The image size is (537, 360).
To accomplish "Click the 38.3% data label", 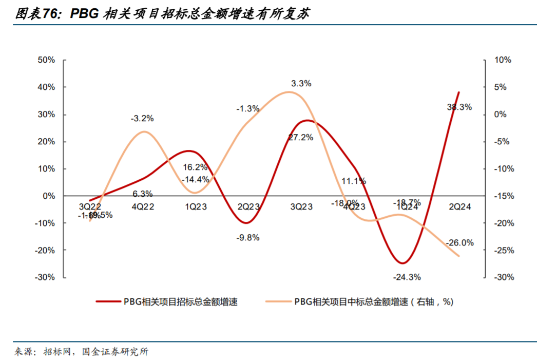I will pos(459,107).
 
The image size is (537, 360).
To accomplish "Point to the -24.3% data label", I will pos(407,277).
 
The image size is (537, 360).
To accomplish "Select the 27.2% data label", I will pos(301,138).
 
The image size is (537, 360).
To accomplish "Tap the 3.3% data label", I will pos(301,83).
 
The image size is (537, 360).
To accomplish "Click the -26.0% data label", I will pos(460,243).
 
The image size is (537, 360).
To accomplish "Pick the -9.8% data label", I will pos(247,238).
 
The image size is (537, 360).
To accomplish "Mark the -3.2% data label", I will pos(142,119).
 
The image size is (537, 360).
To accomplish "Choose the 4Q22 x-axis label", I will pos(142,206).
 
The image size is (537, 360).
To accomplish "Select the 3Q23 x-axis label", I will pos(301,206).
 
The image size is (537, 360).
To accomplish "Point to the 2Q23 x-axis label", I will pos(248,206).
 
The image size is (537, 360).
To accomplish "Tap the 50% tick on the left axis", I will pos(46,60).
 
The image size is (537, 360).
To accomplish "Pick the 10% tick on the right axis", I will pos(503,60).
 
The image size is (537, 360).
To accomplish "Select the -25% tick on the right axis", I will pos(502,250).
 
